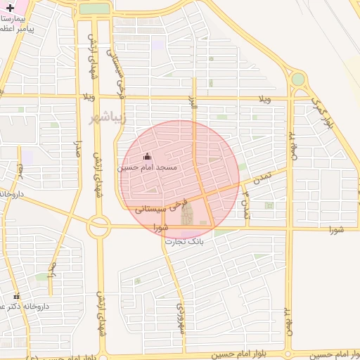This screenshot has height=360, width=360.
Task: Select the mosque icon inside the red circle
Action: (146, 157)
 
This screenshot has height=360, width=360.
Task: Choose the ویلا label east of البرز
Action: (263, 99)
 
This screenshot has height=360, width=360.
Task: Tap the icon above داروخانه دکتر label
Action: (16, 295)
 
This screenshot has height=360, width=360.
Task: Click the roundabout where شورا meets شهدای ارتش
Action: (98, 226)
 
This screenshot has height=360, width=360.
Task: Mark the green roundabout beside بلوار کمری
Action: (298, 79)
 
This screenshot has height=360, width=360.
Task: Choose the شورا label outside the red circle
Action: (336, 229)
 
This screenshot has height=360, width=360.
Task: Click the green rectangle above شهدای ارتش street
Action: (94, 9)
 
